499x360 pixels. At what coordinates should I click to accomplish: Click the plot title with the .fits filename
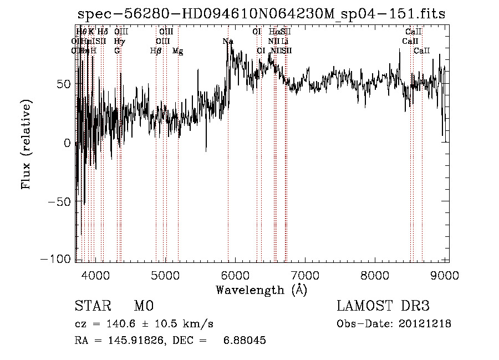(260, 14)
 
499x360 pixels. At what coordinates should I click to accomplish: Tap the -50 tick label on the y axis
(60, 201)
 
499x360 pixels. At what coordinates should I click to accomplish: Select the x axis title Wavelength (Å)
(261, 290)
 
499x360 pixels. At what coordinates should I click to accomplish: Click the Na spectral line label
(228, 42)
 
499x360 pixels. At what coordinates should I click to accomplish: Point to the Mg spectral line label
(178, 51)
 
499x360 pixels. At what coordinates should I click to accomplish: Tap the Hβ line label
(156, 51)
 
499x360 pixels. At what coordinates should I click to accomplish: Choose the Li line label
(284, 42)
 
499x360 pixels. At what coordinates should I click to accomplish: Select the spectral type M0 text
(143, 306)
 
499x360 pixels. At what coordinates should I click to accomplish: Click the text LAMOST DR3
(383, 306)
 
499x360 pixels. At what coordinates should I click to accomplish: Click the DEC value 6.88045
(244, 341)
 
